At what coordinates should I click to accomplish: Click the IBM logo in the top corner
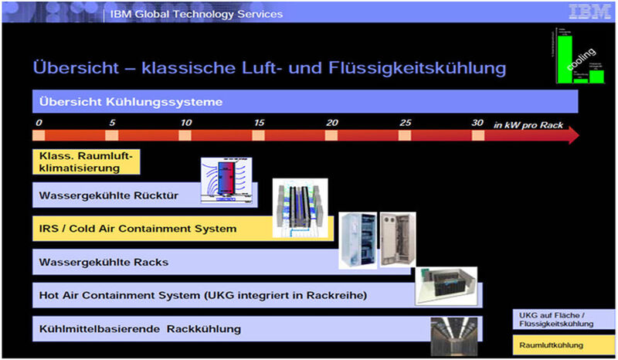point(590,13)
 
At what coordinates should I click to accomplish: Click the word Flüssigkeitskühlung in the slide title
point(418,68)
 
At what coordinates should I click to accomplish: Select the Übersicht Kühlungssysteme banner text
point(131,102)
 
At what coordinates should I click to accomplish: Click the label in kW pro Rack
point(527,124)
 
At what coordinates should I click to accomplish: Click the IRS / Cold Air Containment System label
point(138,229)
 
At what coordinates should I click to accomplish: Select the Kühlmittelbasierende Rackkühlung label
point(140,329)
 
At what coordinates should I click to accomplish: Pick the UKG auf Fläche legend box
point(563,320)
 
